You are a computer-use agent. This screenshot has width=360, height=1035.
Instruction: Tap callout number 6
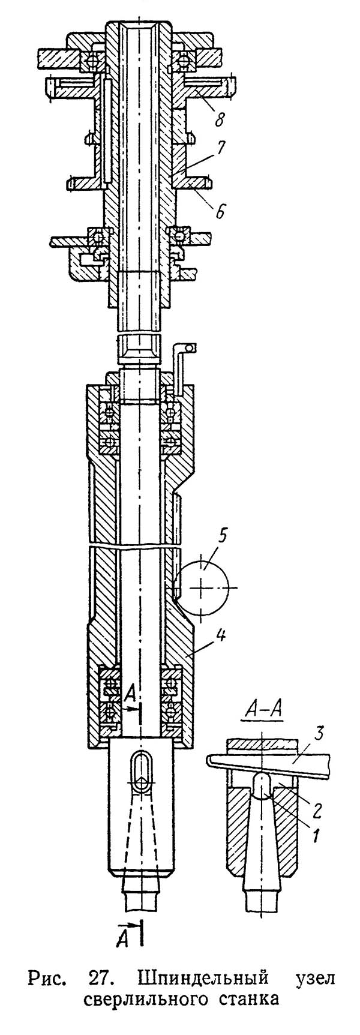[x=221, y=211]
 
